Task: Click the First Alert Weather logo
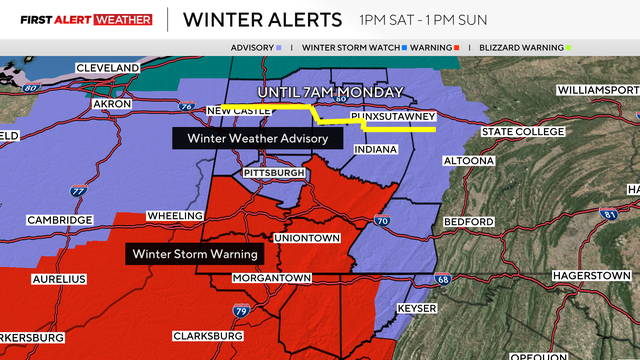click(x=78, y=19)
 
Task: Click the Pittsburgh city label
click(x=274, y=173)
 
